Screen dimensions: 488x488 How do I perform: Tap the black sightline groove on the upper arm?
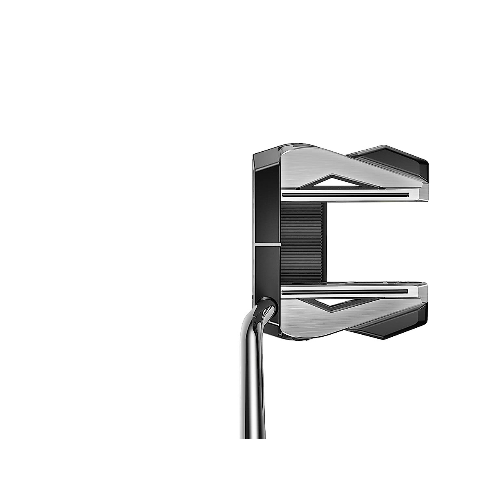pyautogui.click(x=346, y=195)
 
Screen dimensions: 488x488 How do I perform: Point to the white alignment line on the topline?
pyautogui.click(x=267, y=245)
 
